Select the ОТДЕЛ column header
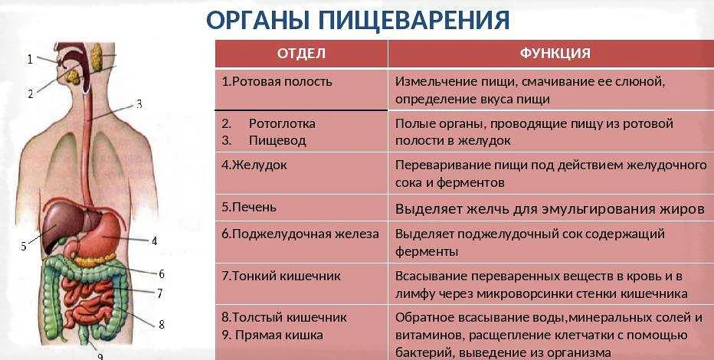[301, 54]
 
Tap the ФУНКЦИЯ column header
[555, 54]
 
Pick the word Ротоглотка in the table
[282, 123]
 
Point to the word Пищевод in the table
[277, 140]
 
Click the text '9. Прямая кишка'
[272, 335]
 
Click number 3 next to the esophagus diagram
[139, 104]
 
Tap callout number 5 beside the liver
[24, 246]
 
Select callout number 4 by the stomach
[154, 241]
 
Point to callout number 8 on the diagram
[161, 325]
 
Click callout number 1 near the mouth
[30, 59]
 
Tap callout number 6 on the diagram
[161, 274]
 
